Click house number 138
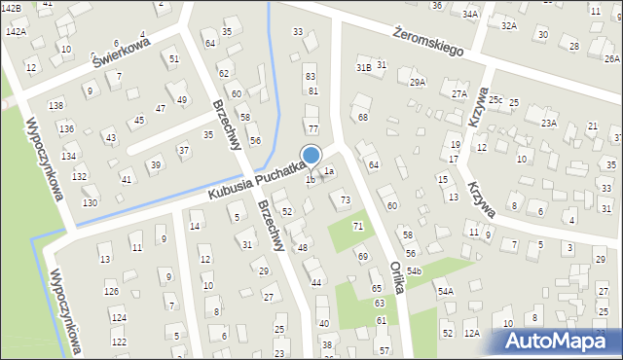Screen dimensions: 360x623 [x=56, y=105]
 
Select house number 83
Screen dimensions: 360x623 [x=311, y=76]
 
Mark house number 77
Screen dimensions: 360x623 [x=312, y=128]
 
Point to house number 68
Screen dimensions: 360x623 [x=363, y=117]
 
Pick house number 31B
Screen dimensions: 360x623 [x=363, y=67]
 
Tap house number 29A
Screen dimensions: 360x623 [x=417, y=83]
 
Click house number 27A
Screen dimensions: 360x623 [x=459, y=93]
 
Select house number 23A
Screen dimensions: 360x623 [x=549, y=123]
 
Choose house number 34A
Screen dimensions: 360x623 [x=470, y=15]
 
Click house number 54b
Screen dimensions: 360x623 [x=415, y=270]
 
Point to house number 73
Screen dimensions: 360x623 [x=345, y=199]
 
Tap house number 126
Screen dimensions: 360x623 [x=112, y=292]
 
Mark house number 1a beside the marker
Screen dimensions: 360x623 [x=329, y=172]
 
